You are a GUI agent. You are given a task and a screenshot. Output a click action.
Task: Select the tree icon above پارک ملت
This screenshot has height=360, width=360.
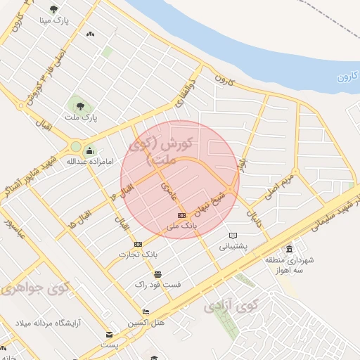79,106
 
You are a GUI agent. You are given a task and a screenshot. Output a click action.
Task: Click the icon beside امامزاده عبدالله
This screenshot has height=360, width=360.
89,151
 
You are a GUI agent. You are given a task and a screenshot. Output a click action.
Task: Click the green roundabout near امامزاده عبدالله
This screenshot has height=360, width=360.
75,147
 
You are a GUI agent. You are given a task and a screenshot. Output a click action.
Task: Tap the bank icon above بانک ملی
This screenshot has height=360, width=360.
181,215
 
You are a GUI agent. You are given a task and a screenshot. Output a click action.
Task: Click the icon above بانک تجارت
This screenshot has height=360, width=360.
138,244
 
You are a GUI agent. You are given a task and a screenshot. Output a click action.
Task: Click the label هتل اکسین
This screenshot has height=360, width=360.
146,322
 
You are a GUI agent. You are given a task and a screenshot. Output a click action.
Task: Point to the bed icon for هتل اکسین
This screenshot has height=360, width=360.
146,311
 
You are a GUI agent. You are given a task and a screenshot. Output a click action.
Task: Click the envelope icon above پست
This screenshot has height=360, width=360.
109,335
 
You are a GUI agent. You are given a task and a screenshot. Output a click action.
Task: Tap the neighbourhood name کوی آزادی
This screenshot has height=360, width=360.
232,306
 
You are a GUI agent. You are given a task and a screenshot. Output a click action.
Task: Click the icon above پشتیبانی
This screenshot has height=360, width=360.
233,236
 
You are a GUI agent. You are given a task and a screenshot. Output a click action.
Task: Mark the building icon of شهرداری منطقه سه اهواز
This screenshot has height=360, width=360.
289,250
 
